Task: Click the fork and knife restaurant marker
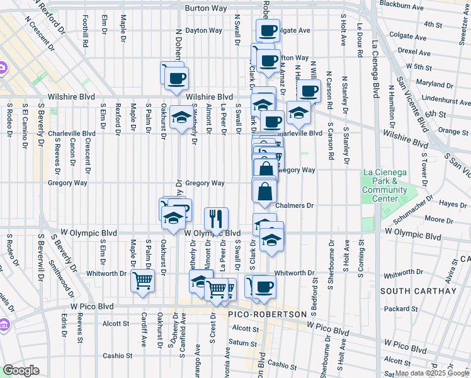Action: [216, 219]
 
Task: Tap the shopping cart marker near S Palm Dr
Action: [143, 280]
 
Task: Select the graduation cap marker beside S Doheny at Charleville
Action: [181, 118]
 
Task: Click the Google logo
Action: [21, 370]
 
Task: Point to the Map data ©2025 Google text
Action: [432, 373]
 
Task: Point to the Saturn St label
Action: [240, 342]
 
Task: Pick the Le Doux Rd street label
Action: [360, 40]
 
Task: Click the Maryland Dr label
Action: [430, 83]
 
